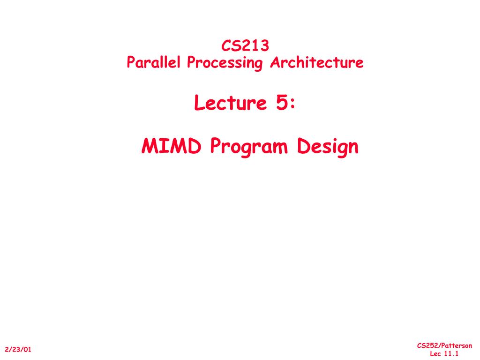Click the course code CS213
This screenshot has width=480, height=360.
click(x=245, y=45)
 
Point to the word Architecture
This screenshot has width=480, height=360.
click(x=316, y=62)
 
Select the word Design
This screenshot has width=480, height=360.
click(x=327, y=148)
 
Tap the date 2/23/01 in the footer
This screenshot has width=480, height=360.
click(x=18, y=349)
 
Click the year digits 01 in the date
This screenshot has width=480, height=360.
click(x=27, y=349)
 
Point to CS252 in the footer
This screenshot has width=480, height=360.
click(x=426, y=346)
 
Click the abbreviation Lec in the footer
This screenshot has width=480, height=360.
click(x=435, y=353)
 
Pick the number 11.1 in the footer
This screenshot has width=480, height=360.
click(x=450, y=353)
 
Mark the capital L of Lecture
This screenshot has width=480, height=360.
click(x=199, y=104)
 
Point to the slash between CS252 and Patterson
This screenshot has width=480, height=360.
click(x=437, y=346)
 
